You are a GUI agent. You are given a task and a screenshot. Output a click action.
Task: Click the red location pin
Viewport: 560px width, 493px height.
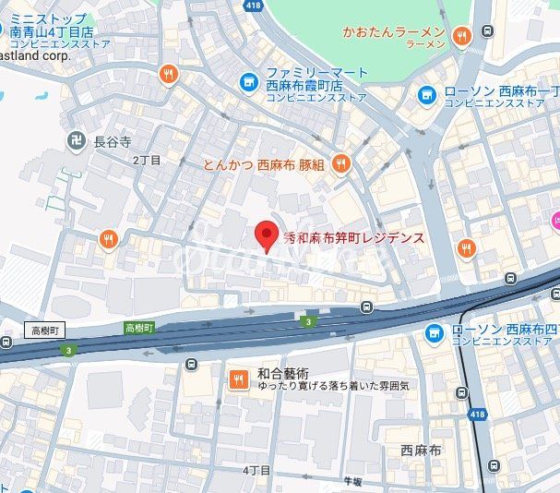(x=266, y=235)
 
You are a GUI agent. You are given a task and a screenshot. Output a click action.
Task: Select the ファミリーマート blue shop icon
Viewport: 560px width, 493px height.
(x=248, y=82)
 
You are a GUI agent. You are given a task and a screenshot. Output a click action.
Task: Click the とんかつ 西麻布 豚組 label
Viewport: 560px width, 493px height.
(x=264, y=164)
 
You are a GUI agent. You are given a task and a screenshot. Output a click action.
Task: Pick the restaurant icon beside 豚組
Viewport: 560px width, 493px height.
(x=340, y=164)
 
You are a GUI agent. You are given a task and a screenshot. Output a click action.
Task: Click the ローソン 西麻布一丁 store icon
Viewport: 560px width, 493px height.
(x=427, y=94)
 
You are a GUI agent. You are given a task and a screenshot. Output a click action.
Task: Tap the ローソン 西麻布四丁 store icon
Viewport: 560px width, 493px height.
(x=434, y=332)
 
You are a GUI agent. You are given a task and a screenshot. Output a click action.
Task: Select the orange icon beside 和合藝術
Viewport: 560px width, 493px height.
(x=237, y=378)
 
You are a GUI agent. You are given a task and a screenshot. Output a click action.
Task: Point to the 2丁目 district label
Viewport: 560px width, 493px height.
(x=147, y=160)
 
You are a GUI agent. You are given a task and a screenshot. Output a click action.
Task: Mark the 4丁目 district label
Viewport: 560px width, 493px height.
(x=256, y=470)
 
